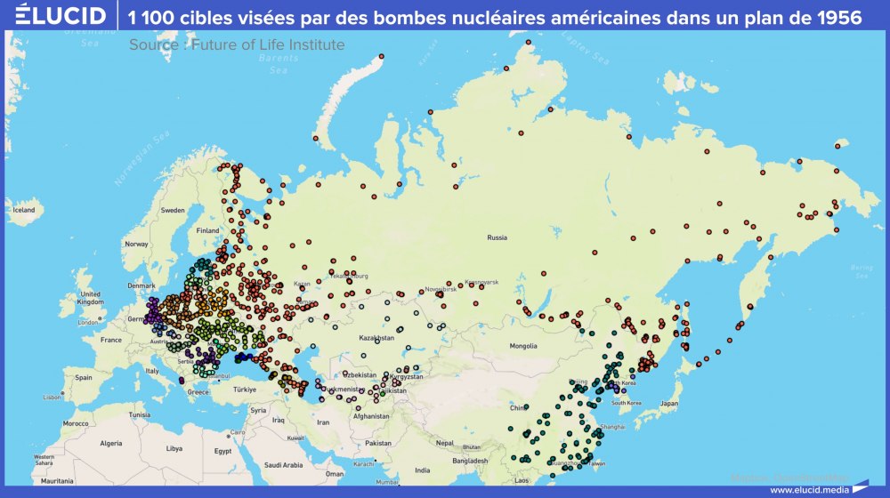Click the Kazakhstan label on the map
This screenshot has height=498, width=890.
[x=376, y=339]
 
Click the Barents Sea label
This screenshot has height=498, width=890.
[x=279, y=63]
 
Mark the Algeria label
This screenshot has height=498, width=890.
[x=110, y=443]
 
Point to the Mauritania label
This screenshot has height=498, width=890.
[x=56, y=480]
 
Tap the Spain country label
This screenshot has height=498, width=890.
[x=84, y=377]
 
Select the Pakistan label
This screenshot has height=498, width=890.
[x=377, y=442]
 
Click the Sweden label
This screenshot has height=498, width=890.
[x=173, y=211]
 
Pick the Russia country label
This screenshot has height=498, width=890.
[x=497, y=237]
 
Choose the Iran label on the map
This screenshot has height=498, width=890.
[x=323, y=424]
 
